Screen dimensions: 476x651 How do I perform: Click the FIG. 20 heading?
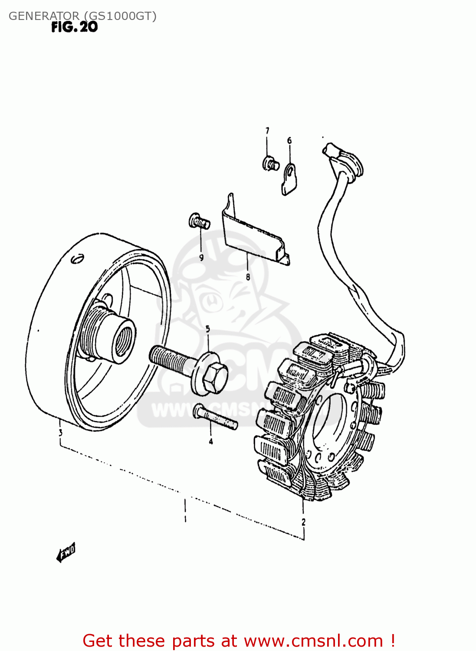(x=74, y=27)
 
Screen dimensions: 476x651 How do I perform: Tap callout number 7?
(x=267, y=131)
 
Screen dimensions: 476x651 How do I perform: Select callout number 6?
(x=289, y=141)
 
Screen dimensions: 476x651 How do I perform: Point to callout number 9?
(x=201, y=257)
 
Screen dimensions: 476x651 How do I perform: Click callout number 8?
(x=248, y=277)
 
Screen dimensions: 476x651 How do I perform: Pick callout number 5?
(x=208, y=329)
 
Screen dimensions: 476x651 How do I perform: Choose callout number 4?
(x=211, y=442)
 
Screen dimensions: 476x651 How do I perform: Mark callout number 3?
(x=60, y=432)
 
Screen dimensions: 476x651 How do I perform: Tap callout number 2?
(x=303, y=522)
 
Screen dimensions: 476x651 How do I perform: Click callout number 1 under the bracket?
(x=185, y=519)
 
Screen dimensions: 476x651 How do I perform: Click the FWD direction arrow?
(x=66, y=553)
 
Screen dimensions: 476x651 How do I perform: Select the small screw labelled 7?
(x=270, y=164)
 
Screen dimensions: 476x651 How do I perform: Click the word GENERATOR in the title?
(x=44, y=16)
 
